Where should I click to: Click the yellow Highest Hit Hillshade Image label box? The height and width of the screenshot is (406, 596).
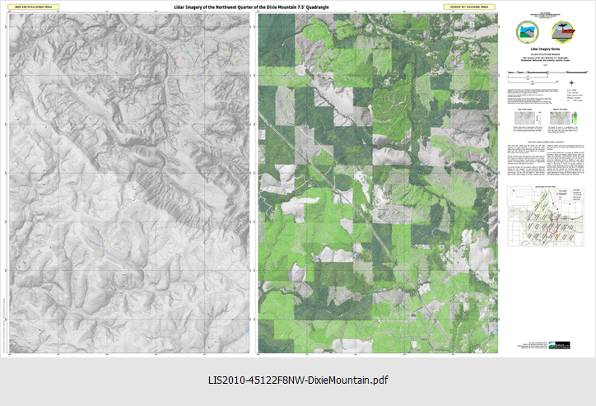tap(473, 7)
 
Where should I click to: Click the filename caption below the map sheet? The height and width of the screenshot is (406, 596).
tap(298, 380)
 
